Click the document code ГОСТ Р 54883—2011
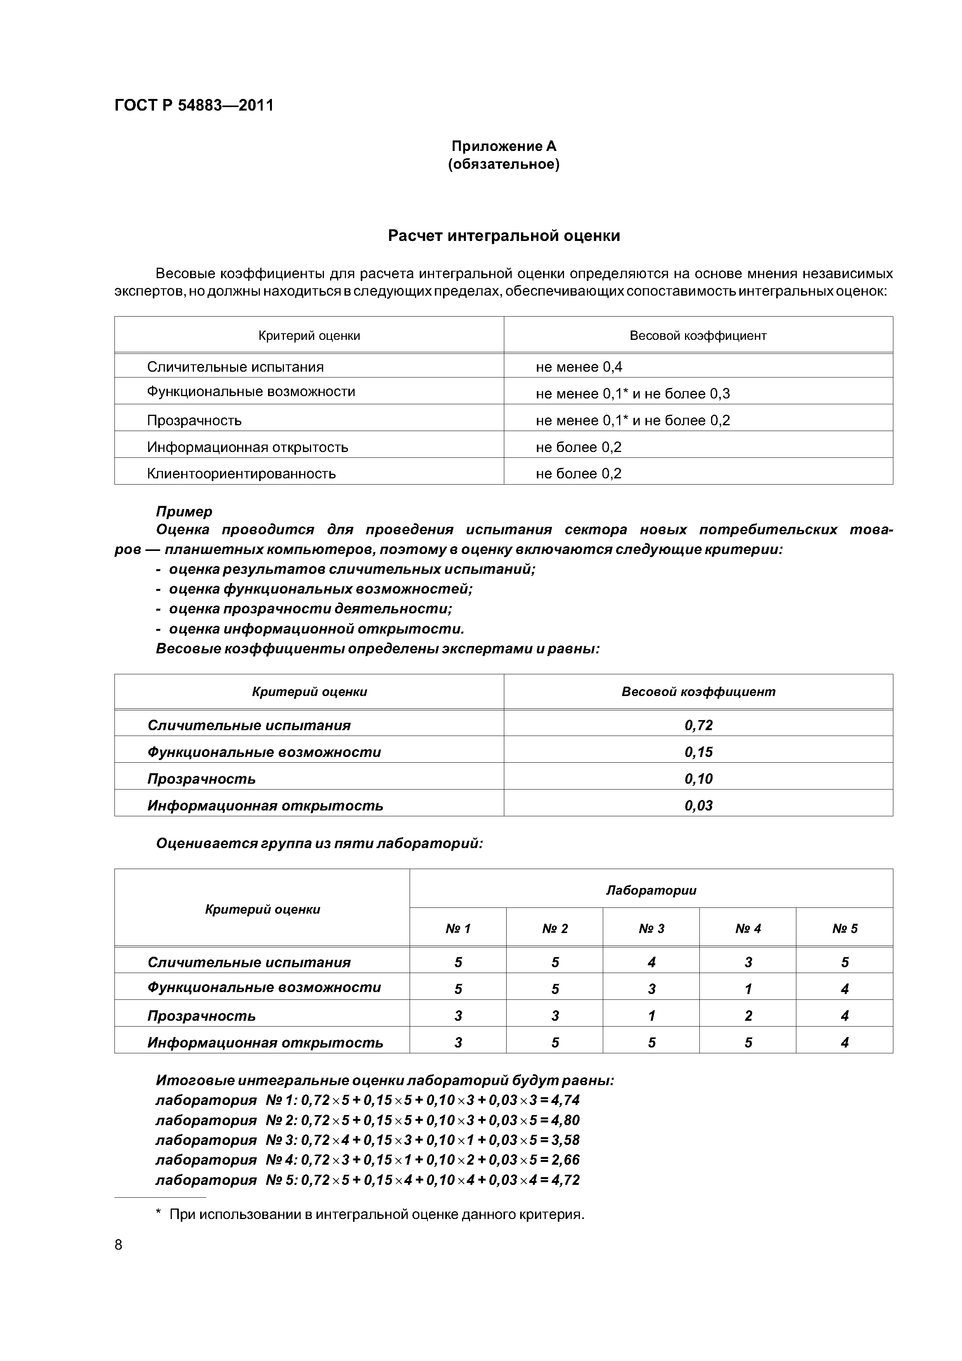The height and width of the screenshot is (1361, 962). (194, 106)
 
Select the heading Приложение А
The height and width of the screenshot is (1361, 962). (504, 146)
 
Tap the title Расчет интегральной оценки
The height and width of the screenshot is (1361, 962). (504, 236)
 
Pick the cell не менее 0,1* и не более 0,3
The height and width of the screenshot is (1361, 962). (632, 394)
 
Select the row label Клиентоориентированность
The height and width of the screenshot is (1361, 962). (241, 474)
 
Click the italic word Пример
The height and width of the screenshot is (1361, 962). (184, 511)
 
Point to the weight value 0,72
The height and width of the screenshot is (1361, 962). (698, 725)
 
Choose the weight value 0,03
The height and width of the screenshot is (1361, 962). (698, 805)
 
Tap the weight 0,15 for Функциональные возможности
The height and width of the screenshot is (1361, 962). (698, 751)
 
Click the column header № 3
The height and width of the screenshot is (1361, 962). (651, 928)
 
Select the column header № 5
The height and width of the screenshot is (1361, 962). (844, 928)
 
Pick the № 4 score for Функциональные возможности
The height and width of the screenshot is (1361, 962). (748, 989)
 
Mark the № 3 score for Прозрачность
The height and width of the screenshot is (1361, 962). (651, 1015)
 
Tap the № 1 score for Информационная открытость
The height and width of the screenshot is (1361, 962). (458, 1042)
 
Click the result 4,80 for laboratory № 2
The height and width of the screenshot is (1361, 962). (565, 1120)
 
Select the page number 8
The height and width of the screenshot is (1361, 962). (119, 1245)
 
